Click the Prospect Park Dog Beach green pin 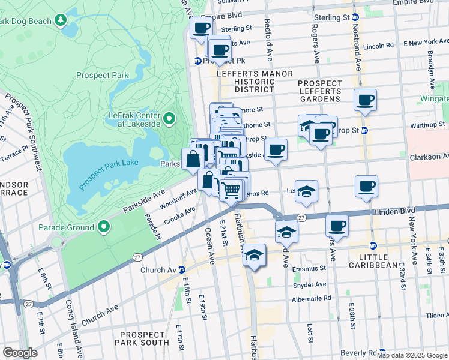coord(61,21)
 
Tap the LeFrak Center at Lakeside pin coord(170,119)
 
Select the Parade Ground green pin coord(104,227)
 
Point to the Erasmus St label coord(309,269)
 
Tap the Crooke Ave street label coord(181,215)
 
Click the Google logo coord(19,353)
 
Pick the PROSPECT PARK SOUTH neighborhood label coord(145,338)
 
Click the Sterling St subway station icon coord(355,18)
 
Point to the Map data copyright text coord(412,355)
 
